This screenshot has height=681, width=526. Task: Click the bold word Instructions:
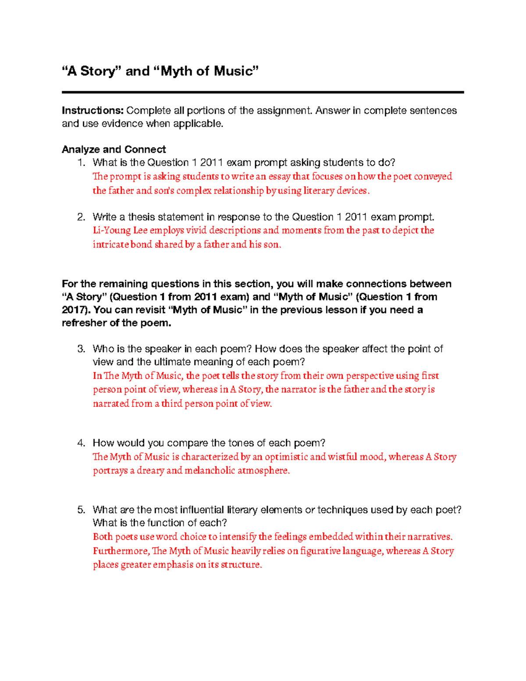pos(92,111)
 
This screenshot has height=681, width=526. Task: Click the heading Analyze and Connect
pos(114,150)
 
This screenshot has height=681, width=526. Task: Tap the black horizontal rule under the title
pos(263,93)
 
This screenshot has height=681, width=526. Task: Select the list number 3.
pos(81,349)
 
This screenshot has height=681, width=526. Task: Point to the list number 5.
pos(81,510)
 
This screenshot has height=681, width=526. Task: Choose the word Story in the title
pos(97,71)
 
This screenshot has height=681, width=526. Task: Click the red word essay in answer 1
pos(279,177)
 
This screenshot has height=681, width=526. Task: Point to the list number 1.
pos(81,163)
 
